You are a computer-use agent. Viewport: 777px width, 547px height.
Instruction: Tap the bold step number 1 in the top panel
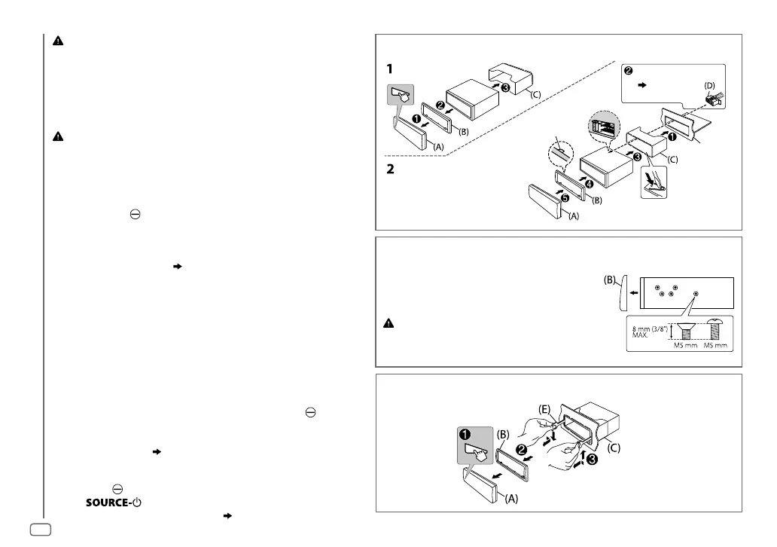click(389, 68)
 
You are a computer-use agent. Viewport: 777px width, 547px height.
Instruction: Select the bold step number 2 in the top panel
click(389, 170)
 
